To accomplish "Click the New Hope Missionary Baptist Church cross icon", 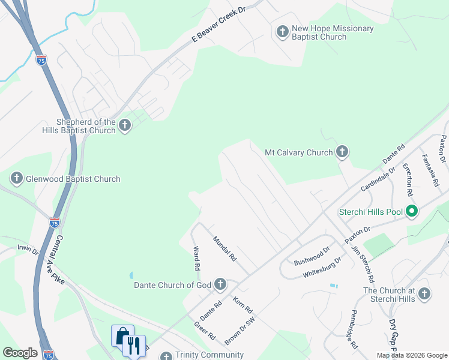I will (282, 31).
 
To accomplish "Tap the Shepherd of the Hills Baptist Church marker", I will (124, 125).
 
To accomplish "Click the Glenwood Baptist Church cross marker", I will (17, 178).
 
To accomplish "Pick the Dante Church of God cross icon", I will (220, 284).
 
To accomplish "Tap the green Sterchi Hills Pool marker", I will (412, 211).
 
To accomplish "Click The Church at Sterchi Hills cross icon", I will (424, 293).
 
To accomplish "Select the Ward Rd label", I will (196, 257).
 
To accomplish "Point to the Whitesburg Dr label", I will (322, 266).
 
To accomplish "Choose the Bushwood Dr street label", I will (312, 256).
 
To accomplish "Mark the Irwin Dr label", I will (28, 248).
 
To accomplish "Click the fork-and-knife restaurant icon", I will (133, 345).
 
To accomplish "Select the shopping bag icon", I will (122, 335).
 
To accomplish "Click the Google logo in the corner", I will (20, 353).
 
